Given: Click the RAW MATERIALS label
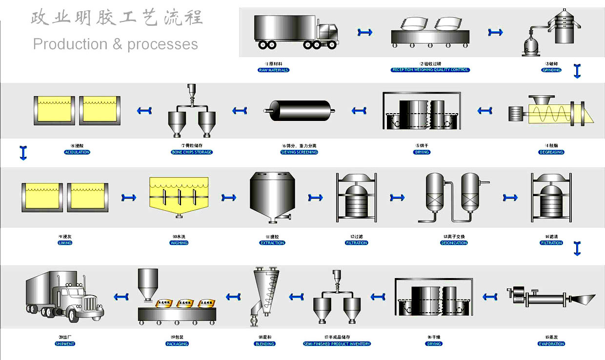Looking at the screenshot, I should pyautogui.click(x=273, y=70).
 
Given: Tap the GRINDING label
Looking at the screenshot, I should pyautogui.click(x=551, y=70).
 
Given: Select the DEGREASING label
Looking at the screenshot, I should pyautogui.click(x=551, y=152).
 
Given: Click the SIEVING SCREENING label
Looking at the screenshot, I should pyautogui.click(x=299, y=152).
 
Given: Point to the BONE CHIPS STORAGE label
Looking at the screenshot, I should pyautogui.click(x=191, y=152).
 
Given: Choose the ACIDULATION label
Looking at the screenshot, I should pyautogui.click(x=77, y=152).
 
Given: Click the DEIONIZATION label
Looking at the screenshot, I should pyautogui.click(x=454, y=243).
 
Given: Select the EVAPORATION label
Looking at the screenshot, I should pyautogui.click(x=551, y=344).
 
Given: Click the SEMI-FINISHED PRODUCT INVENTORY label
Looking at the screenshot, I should pyautogui.click(x=337, y=344).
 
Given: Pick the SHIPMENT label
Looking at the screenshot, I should pyautogui.click(x=65, y=344).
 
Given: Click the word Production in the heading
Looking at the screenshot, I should pyautogui.click(x=70, y=44).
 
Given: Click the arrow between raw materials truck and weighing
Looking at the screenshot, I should pyautogui.click(x=364, y=32).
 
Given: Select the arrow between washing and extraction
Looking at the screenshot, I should pyautogui.click(x=229, y=198).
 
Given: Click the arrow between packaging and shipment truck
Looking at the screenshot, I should pyautogui.click(x=121, y=296).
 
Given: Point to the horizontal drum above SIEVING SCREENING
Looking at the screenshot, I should pyautogui.click(x=301, y=110).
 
